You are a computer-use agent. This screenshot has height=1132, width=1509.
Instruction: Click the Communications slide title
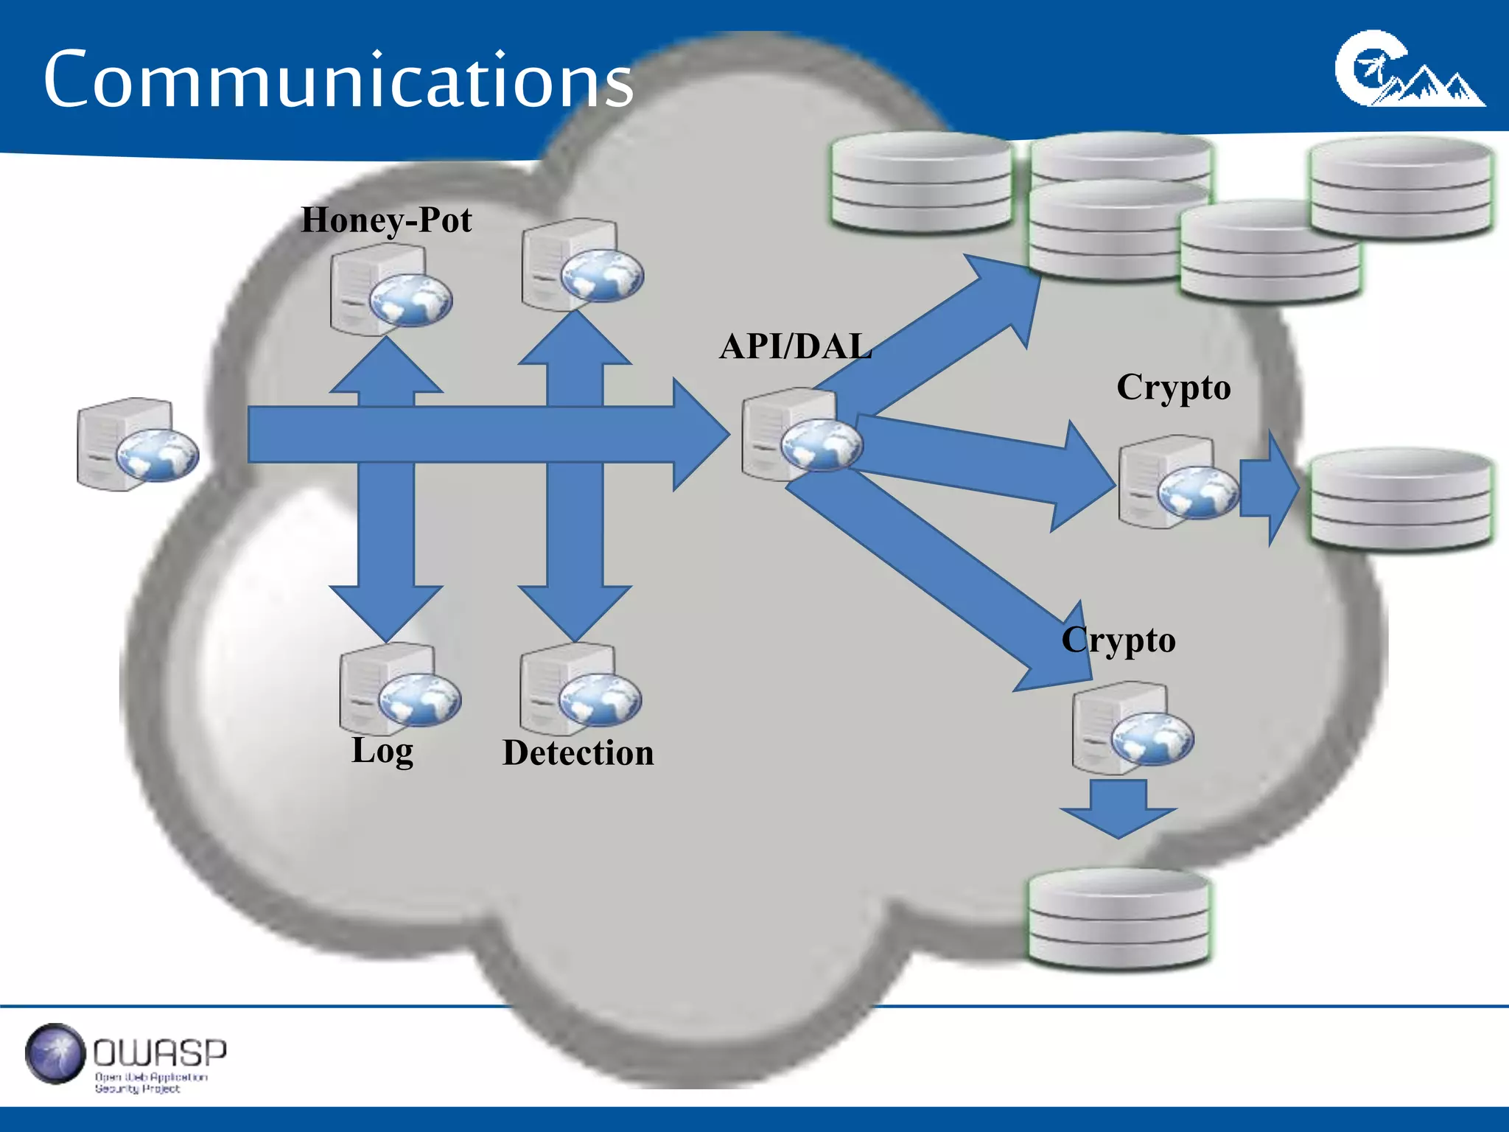pos(337,79)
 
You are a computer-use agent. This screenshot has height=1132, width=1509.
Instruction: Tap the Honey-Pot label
pos(386,220)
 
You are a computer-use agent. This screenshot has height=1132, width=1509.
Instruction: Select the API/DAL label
pos(796,346)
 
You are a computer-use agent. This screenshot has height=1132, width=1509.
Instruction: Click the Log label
pos(382,751)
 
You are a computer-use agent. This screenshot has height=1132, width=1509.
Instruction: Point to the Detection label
pos(578,753)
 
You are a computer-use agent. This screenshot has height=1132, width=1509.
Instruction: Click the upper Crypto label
pos(1173,388)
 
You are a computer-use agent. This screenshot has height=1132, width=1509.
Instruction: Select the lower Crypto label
pos(1118,640)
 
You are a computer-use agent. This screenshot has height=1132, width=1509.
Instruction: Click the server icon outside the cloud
pos(137,444)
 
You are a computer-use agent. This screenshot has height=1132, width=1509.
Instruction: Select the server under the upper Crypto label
pos(1177,482)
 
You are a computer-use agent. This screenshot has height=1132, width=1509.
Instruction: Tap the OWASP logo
pos(125,1057)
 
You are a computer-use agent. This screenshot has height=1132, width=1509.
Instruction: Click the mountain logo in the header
pos(1409,71)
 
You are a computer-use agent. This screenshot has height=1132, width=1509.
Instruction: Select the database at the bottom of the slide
pos(1118,918)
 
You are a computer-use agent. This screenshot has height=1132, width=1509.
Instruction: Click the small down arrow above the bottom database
pos(1118,809)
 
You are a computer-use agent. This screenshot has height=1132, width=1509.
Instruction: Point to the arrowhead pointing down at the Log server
pos(386,612)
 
